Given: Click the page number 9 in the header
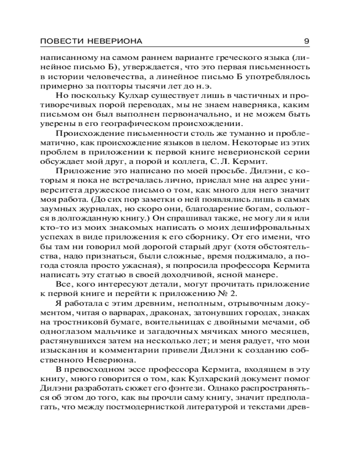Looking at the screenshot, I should [x=306, y=41].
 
